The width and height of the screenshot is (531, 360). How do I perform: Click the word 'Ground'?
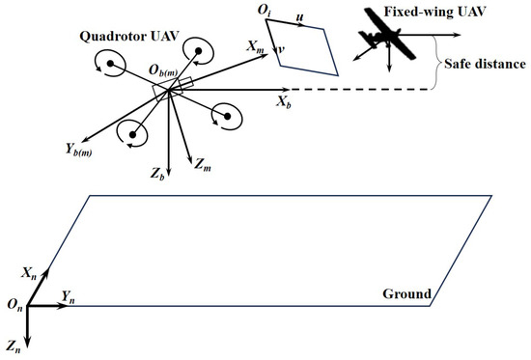tap(405, 293)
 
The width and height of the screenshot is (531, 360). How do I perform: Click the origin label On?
tap(14, 305)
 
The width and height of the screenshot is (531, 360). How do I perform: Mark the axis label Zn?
tap(13, 345)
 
